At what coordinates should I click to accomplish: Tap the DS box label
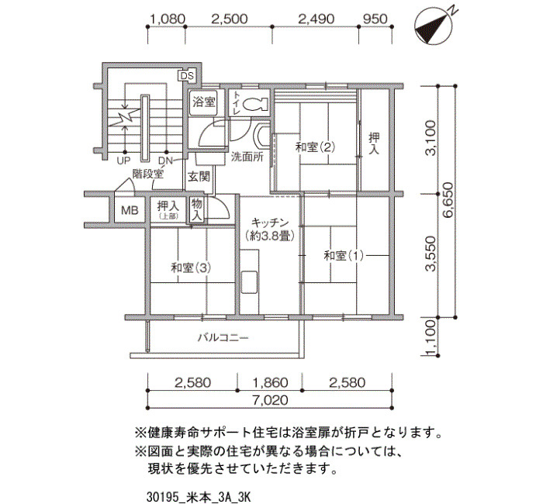click(187, 75)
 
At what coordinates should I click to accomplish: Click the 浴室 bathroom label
click(204, 102)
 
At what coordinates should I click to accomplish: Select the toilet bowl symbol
click(255, 103)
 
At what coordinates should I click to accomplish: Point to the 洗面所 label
click(247, 157)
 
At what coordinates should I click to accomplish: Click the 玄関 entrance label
click(199, 177)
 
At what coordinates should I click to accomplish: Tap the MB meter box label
click(130, 210)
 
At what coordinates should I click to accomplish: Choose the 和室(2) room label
click(315, 147)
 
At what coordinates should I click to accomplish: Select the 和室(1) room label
click(344, 256)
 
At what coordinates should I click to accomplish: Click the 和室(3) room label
click(191, 268)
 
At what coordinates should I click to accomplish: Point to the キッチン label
click(270, 223)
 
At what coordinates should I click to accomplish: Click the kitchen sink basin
click(249, 282)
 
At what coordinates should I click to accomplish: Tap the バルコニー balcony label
click(223, 337)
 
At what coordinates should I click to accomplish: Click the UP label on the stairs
click(123, 161)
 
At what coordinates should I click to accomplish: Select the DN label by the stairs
click(165, 161)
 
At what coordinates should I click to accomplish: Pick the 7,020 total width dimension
click(270, 401)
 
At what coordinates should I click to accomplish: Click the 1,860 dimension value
click(270, 382)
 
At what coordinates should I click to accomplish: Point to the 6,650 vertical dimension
click(448, 200)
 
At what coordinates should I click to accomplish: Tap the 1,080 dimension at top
click(168, 19)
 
